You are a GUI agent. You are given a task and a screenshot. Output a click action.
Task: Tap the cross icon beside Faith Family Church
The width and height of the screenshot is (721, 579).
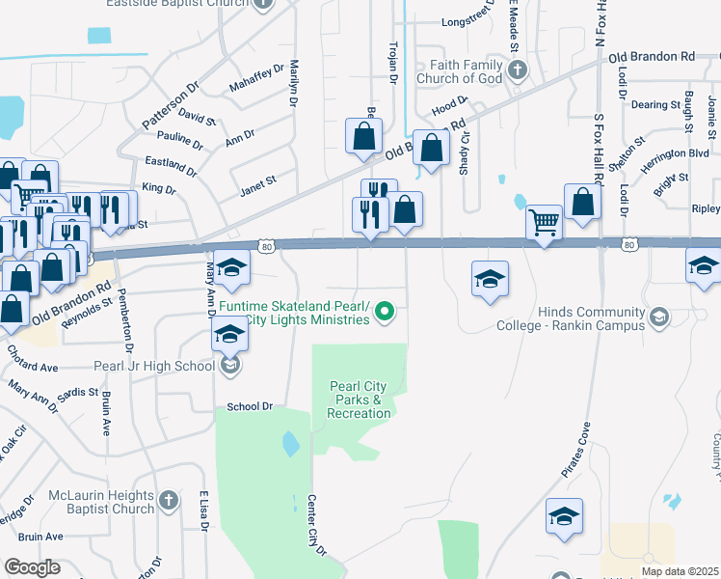click(518, 69)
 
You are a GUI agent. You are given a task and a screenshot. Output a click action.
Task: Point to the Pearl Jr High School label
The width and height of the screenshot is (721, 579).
click(154, 366)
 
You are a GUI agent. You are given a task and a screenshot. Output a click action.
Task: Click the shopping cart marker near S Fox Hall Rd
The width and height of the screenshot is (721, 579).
click(545, 224)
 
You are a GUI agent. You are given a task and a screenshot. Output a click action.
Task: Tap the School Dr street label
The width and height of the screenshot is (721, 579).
click(251, 406)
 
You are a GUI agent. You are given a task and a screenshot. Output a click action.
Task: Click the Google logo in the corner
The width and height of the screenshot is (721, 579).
click(32, 567)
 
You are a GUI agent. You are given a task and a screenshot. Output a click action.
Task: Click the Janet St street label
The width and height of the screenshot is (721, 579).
click(258, 179)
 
